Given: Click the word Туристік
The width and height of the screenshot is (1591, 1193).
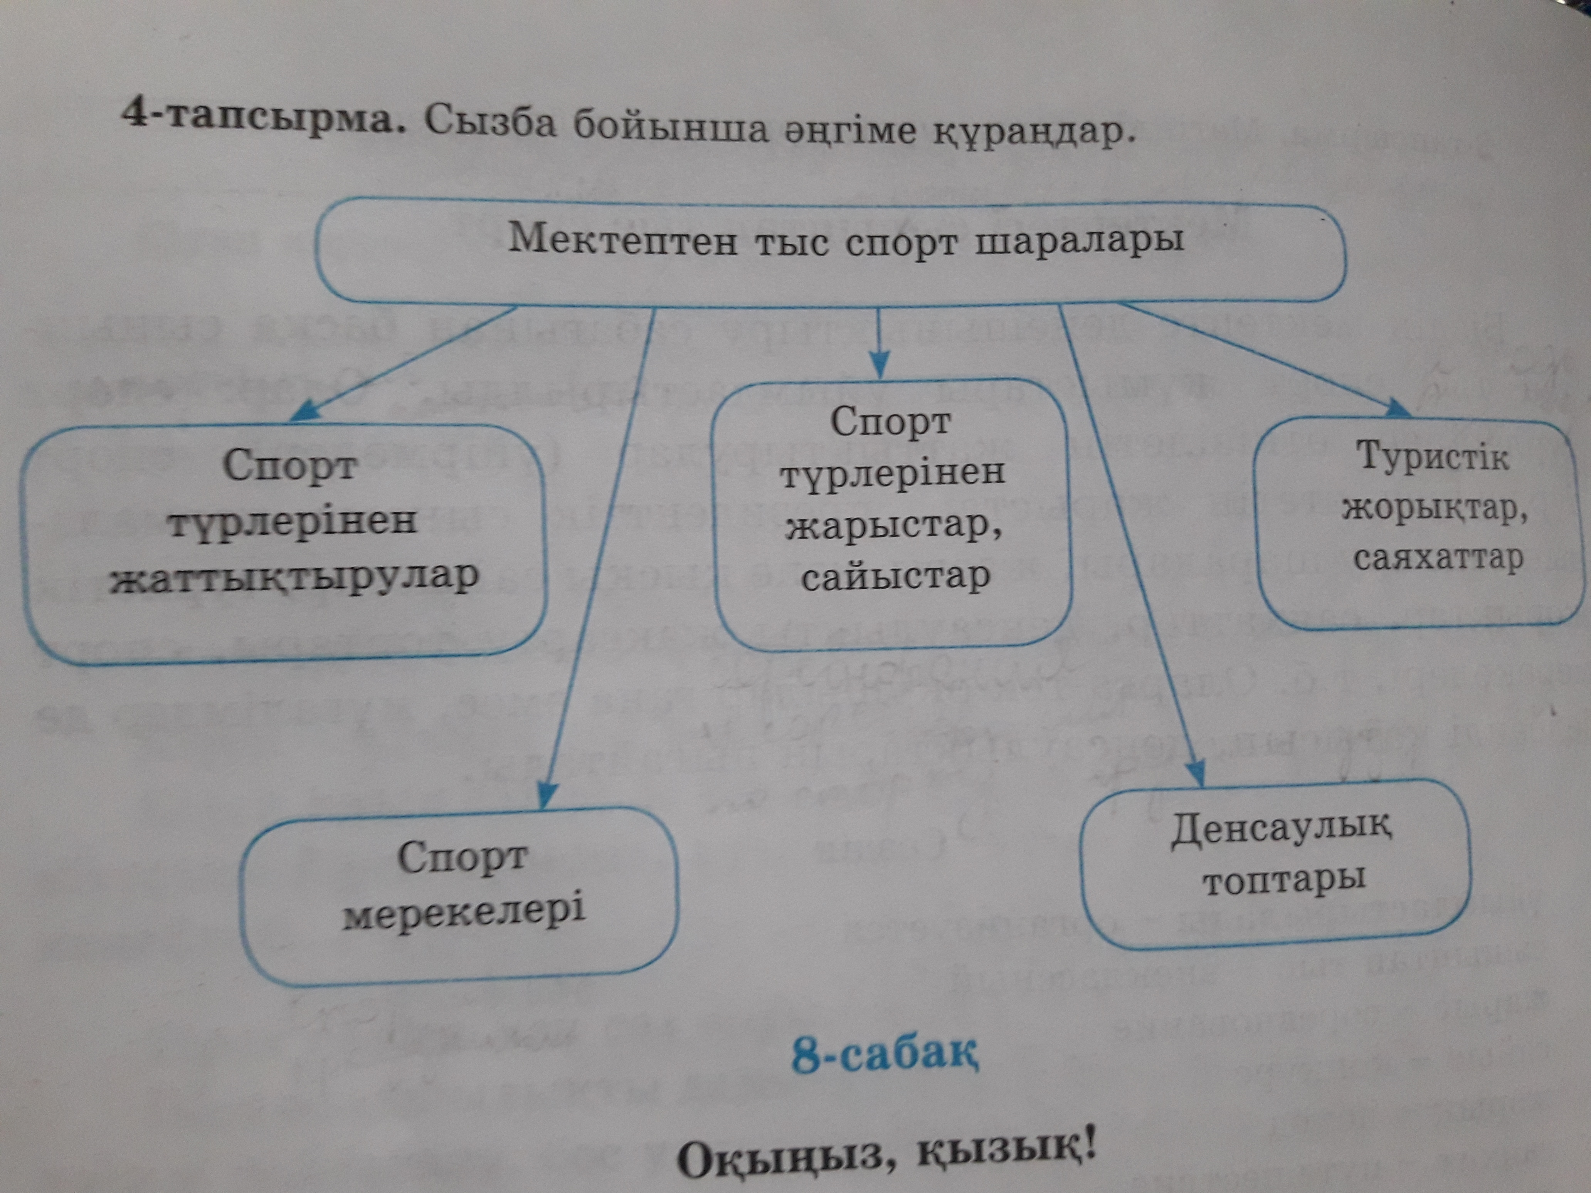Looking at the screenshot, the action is click(x=1433, y=456).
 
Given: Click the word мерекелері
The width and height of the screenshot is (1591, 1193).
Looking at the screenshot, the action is click(x=464, y=911).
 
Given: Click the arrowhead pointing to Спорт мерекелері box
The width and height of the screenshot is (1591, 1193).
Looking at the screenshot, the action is click(x=547, y=795).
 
